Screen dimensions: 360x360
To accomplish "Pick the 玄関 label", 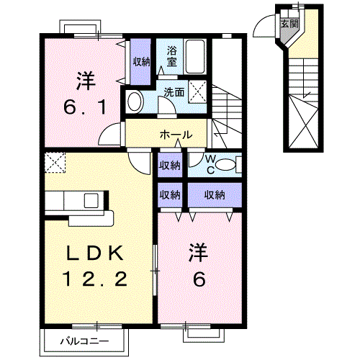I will [x=288, y=23].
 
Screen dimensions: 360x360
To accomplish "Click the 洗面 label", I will [x=173, y=92].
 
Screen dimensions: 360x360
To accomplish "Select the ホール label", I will [x=176, y=135].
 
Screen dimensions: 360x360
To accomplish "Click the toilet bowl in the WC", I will [x=225, y=165].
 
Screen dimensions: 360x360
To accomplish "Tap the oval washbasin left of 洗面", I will [x=134, y=102].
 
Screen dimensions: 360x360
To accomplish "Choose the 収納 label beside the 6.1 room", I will [x=141, y=61].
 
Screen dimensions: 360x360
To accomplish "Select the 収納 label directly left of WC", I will [x=170, y=165].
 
